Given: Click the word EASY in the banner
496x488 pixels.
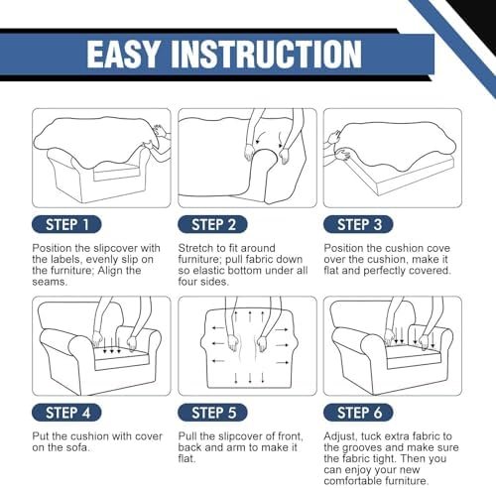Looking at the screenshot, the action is [123, 55].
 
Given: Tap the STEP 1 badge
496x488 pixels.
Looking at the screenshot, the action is [66, 225].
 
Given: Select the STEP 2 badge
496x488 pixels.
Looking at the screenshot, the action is [212, 225].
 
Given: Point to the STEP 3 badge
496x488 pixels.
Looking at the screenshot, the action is [358, 225].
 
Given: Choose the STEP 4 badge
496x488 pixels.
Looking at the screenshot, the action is [66, 413].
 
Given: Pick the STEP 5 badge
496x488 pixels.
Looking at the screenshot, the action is [212, 413].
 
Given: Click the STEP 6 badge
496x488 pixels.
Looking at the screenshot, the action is [358, 413].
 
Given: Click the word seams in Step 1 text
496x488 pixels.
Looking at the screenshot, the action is [50, 282].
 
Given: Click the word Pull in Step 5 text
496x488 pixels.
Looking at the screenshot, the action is [187, 436].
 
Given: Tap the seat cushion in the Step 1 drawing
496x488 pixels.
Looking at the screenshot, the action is [116, 173].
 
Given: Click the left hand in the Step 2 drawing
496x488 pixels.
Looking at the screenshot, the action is [249, 153].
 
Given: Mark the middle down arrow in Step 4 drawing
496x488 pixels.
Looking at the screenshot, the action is [111, 345].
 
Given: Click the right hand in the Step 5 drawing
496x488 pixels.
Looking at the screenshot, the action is [262, 344].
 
